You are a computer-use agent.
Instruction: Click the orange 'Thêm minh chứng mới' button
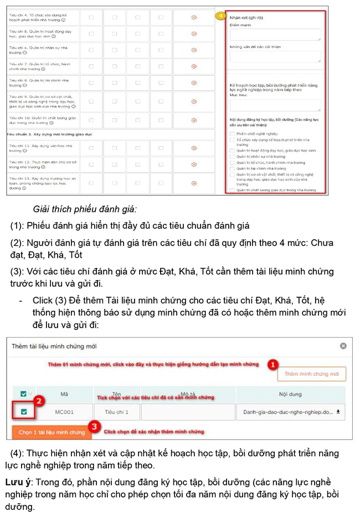point(311,374)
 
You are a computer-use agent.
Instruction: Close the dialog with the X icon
point(343,346)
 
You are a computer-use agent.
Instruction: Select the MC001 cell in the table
point(65,412)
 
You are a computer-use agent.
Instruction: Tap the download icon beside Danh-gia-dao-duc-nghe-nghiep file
point(337,412)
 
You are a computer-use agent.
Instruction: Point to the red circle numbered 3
point(94,427)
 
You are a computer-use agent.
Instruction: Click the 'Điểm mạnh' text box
point(275,35)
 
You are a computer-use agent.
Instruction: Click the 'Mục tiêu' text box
point(275,105)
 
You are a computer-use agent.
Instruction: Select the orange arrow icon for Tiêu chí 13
point(193,183)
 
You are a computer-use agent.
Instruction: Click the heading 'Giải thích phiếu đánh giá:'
point(85,209)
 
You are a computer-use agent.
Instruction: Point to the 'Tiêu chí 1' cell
point(116,412)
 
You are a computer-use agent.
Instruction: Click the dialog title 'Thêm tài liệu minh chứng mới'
point(54,346)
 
